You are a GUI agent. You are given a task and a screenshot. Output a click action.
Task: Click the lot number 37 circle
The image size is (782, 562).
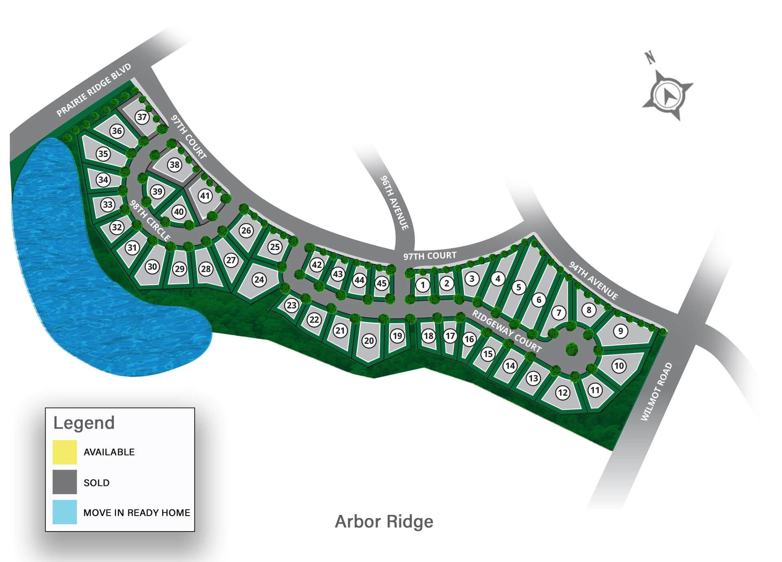tap(141, 117)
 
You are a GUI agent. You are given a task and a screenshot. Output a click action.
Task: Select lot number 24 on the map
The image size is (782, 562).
tap(259, 279)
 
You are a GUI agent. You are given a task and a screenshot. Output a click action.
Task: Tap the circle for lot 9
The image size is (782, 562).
tap(620, 331)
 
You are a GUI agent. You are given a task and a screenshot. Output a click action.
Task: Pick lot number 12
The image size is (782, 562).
tap(562, 393)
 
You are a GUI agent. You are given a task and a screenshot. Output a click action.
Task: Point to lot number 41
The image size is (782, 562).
tap(205, 196)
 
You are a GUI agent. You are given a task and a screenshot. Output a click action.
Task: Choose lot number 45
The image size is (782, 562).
tap(381, 283)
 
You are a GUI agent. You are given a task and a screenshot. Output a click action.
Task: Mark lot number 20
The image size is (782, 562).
tap(369, 340)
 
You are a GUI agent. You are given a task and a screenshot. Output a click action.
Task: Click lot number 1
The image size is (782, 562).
tap(423, 285)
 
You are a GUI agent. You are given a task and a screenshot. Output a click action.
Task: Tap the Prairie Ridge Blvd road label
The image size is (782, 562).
tap(94, 90)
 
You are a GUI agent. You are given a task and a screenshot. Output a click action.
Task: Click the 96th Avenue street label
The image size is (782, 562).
tap(394, 202)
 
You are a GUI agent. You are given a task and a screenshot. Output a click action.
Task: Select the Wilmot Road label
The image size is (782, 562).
tap(656, 392)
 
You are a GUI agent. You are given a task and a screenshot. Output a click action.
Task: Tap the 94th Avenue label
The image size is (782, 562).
tap(593, 281)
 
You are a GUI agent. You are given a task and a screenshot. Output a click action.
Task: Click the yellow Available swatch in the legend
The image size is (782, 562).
tap(65, 452)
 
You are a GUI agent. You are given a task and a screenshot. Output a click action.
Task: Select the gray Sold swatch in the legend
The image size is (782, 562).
tap(65, 482)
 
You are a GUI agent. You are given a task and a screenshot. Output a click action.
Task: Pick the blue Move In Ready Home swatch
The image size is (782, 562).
tap(65, 512)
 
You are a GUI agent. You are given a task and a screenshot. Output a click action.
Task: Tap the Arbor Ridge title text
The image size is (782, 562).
tap(384, 522)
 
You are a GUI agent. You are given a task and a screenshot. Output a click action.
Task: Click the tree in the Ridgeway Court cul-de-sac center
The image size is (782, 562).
tap(572, 349)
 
